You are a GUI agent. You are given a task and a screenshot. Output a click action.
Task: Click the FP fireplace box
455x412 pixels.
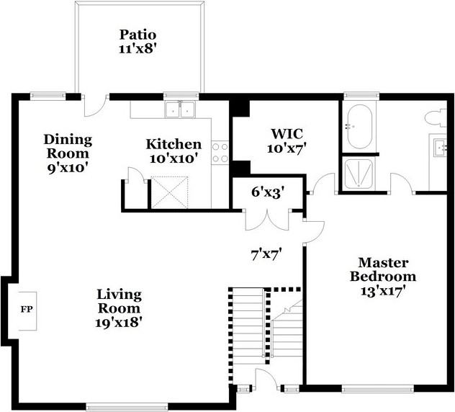[26, 309]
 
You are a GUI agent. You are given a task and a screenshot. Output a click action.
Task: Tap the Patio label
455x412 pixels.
[138, 35]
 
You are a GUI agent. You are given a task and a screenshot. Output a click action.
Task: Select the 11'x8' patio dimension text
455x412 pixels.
[138, 49]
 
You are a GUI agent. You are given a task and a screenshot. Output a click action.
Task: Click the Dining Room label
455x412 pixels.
[67, 146]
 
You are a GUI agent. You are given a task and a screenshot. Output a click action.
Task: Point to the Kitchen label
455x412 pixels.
[174, 144]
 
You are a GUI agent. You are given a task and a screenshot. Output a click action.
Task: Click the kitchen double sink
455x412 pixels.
[181, 109]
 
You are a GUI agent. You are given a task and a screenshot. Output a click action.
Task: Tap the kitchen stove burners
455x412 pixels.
[220, 151]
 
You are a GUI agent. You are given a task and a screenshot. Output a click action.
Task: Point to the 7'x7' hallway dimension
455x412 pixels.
[266, 253]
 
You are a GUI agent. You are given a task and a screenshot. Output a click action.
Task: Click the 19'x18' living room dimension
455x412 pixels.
[120, 322]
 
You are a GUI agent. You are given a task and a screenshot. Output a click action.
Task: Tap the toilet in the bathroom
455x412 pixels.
[436, 117]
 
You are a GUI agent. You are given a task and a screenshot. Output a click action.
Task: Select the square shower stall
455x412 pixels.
[356, 173]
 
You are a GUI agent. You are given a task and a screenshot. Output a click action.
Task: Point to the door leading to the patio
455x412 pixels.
[94, 106]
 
